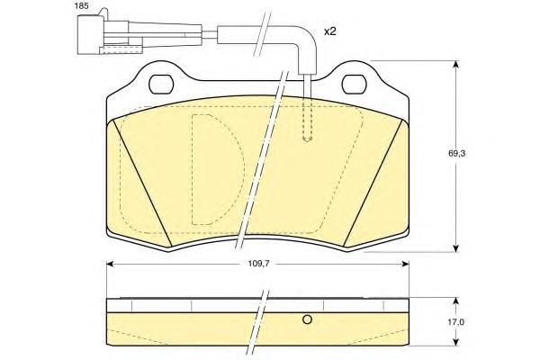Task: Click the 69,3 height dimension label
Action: click(456, 154)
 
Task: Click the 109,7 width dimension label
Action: click(258, 264)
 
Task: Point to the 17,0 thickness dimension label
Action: click(456, 322)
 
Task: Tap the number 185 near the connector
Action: click(81, 6)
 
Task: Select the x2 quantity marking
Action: click(329, 31)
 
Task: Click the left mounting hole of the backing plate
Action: click(161, 84)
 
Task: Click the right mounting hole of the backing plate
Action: click(354, 84)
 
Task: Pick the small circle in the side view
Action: click(307, 319)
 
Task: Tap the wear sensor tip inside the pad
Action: click(307, 139)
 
